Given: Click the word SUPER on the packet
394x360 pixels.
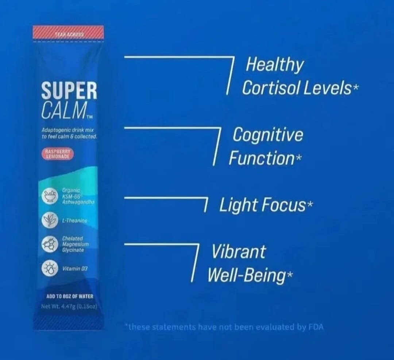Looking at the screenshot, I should click(69, 91).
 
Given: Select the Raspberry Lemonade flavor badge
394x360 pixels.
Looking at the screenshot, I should click(57, 153).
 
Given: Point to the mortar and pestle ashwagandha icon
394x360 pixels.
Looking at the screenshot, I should click(49, 197).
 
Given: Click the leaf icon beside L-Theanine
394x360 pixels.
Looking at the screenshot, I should click(49, 221).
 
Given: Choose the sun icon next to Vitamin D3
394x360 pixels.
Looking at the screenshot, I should click(49, 269).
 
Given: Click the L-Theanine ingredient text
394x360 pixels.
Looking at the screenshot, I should click(74, 221).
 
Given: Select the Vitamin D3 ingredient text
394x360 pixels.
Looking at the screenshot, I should click(75, 269).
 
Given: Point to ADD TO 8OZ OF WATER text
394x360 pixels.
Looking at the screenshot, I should click(70, 296).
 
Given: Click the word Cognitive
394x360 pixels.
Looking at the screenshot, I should click(268, 135).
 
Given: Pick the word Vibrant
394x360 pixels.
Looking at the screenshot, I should click(239, 252).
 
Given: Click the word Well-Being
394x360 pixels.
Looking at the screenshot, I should click(246, 275).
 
